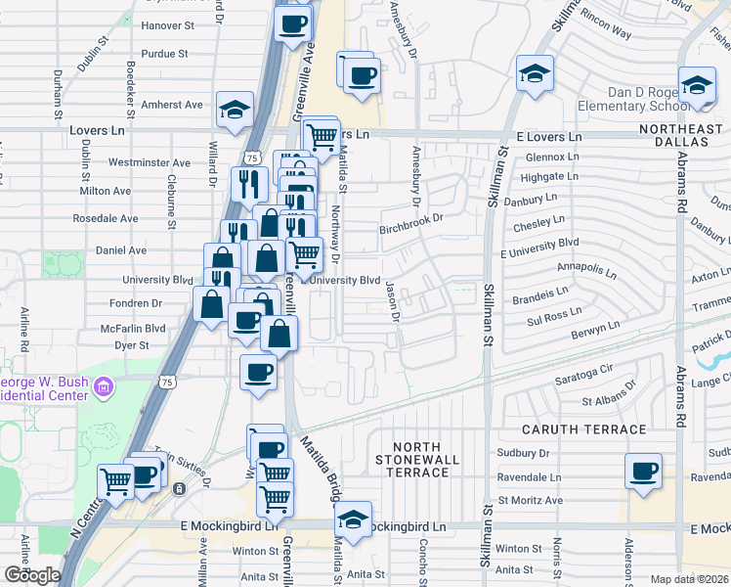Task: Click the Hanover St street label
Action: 164,26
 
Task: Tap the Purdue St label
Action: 164,53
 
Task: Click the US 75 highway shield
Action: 253,158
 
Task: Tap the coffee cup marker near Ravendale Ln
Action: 643,471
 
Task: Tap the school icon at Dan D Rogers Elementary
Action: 697,85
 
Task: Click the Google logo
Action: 32,575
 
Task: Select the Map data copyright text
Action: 690,579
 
